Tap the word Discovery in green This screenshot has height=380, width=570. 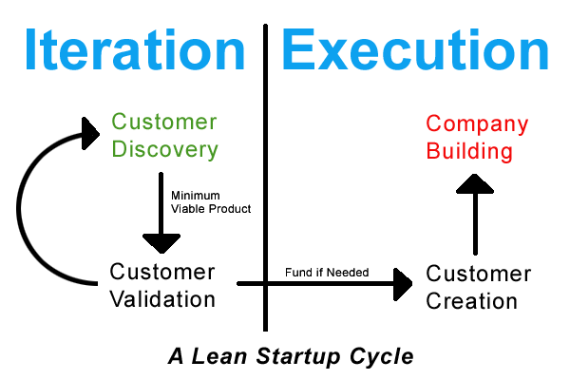click(165, 150)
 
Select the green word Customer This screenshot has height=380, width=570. click(165, 123)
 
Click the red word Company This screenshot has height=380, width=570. click(477, 123)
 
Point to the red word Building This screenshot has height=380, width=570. click(469, 151)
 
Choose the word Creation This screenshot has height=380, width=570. click(471, 301)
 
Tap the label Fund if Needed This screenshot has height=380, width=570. click(327, 274)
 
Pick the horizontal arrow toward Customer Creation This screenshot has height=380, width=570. click(323, 283)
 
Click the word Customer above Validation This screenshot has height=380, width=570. click(162, 272)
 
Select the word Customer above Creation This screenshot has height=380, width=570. click(478, 275)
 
